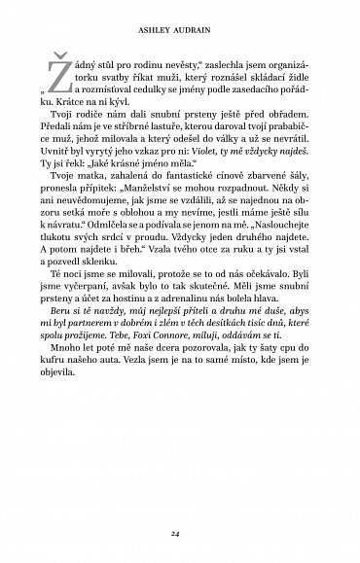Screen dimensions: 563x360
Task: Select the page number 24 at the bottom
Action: tap(180, 533)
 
